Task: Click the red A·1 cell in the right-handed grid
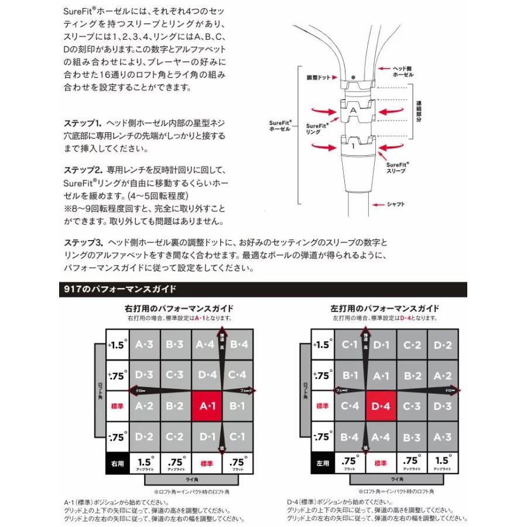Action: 207,406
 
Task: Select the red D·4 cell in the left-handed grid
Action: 381,406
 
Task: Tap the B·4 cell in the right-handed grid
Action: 239,345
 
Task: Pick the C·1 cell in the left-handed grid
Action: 350,345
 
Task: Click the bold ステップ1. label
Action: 83,124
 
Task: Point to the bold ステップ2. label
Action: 83,170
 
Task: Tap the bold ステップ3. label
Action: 83,242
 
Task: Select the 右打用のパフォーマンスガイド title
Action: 179,308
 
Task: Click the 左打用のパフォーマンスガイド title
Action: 385,308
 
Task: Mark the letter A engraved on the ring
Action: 353,108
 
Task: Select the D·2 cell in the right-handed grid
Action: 144,436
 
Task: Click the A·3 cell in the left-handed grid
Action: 443,436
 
